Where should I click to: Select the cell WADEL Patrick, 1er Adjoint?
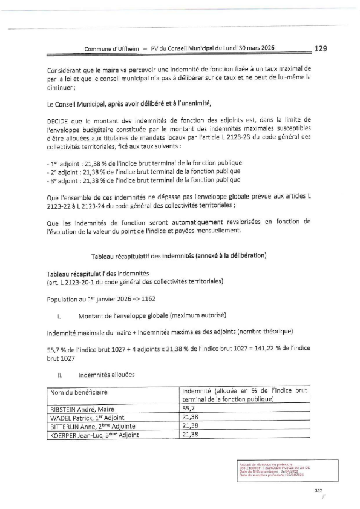[x=88, y=418]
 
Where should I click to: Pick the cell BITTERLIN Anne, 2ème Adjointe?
[x=92, y=425]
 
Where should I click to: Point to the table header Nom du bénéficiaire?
[x=82, y=392]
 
